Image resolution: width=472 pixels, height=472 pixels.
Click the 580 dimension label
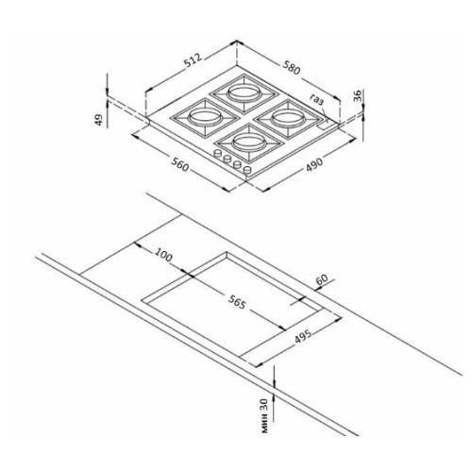292,68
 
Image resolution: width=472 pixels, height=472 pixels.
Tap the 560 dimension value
180,164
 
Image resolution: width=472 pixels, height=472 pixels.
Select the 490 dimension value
314,164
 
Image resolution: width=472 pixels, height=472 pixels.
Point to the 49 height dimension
99,120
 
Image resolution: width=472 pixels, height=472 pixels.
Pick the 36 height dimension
358,96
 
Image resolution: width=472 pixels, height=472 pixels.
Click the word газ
316,99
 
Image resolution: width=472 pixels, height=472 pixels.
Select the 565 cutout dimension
236,303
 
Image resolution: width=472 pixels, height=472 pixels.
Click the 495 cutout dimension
303,337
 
